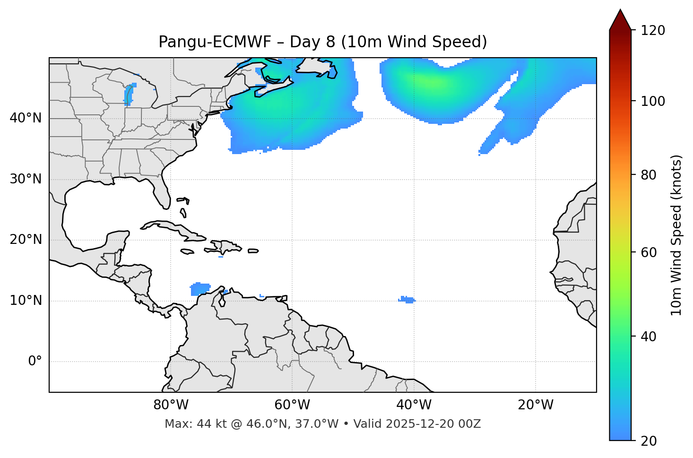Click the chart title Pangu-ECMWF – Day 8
[x=322, y=42]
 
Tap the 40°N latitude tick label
[x=26, y=118]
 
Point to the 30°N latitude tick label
[x=26, y=179]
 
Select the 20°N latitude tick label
[x=26, y=240]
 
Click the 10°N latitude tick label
[x=26, y=301]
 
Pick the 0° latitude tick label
[x=35, y=362]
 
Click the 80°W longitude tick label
[x=171, y=405]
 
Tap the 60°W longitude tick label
[x=292, y=405]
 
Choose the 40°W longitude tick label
[x=414, y=405]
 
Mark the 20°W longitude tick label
[x=535, y=405]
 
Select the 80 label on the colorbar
[x=649, y=175]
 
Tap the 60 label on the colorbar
[x=649, y=252]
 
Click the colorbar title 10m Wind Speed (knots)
[x=676, y=235]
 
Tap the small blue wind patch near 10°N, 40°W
[x=406, y=300]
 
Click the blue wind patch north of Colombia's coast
[x=200, y=288]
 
